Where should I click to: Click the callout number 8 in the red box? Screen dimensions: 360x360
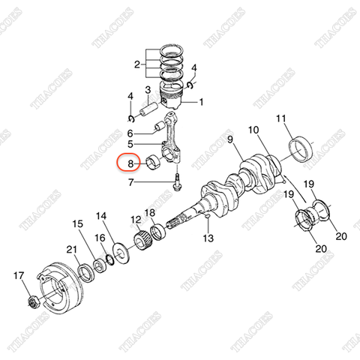[x=130, y=162]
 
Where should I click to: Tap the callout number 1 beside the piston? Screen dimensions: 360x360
[x=199, y=102]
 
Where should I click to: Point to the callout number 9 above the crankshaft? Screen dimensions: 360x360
[x=230, y=139]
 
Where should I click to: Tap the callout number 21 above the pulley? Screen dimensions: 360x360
[x=71, y=250]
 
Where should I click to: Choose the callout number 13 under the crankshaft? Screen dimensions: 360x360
[x=208, y=238]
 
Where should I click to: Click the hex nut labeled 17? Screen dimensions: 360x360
[x=32, y=301]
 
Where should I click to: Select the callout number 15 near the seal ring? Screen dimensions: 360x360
[x=77, y=223]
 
